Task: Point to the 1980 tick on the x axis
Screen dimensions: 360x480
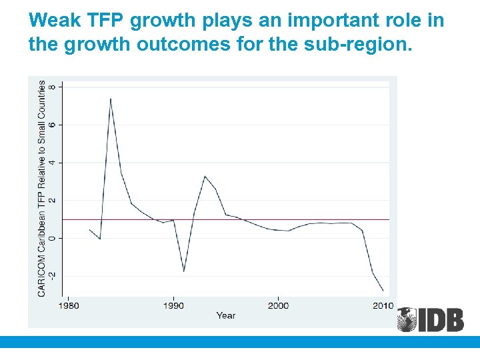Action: pos(69,305)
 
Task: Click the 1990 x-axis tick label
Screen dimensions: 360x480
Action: pos(173,305)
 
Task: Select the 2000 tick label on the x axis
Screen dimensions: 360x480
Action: pos(278,305)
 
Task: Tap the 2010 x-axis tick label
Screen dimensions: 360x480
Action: pos(383,305)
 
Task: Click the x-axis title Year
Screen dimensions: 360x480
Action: pos(226,315)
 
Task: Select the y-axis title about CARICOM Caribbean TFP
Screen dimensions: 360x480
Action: pos(42,189)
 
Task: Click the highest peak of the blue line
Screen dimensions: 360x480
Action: pos(111,99)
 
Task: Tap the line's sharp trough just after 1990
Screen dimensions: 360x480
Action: pos(184,271)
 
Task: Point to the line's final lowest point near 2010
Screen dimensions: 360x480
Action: pos(383,291)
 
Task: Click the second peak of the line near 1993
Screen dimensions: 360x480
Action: pos(205,177)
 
